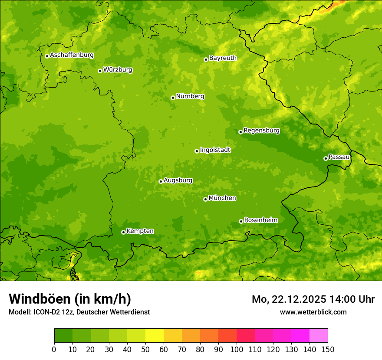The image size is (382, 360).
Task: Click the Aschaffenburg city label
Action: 72,55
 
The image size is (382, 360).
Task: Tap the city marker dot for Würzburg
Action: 100,71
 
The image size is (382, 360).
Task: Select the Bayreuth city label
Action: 223,58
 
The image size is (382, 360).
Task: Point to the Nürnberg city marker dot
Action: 173,98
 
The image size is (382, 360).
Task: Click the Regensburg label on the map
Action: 261,131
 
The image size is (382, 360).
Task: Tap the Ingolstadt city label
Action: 215,150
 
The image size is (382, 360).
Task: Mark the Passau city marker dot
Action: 326,158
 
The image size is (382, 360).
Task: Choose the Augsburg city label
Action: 178,180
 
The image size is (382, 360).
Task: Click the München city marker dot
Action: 205,199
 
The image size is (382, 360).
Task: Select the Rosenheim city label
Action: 260,220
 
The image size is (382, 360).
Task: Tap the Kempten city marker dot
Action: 123,232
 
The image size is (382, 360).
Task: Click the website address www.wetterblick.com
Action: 313,312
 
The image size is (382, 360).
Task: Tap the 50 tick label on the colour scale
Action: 145,349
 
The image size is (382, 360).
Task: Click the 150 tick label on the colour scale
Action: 328,349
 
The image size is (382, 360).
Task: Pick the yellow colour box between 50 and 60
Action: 155,335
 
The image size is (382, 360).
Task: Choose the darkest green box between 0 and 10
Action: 63,335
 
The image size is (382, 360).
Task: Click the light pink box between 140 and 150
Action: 319,335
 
